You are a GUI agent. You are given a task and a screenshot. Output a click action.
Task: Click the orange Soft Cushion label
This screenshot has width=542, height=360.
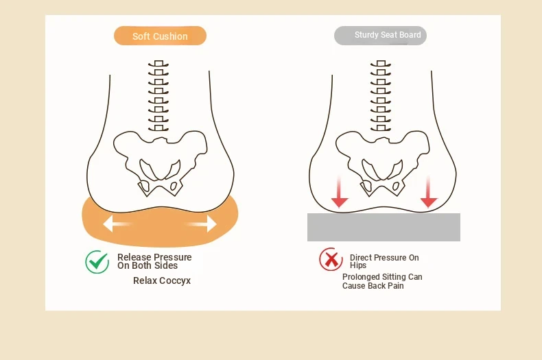[x=160, y=36]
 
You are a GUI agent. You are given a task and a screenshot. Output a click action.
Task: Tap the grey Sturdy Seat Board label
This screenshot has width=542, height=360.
[x=380, y=36]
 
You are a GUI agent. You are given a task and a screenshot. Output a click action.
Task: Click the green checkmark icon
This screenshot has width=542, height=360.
[x=97, y=261]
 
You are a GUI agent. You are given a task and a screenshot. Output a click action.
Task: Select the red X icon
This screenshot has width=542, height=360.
[x=331, y=259]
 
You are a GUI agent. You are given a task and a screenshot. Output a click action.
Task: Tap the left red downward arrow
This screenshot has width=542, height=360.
[x=340, y=191]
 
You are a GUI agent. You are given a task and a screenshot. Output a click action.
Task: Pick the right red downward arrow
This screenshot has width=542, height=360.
[x=429, y=191]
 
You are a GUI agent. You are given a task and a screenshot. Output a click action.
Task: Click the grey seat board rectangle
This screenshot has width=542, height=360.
[x=384, y=227]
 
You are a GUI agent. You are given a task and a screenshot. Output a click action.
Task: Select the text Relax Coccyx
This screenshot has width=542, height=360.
[x=162, y=280]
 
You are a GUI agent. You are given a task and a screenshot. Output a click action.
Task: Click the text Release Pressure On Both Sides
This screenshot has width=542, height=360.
[x=154, y=261]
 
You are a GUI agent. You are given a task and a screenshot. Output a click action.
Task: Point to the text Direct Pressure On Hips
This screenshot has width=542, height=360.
[x=384, y=261]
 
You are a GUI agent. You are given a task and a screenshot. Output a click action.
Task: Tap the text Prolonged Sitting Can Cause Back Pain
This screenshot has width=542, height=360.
[x=382, y=281]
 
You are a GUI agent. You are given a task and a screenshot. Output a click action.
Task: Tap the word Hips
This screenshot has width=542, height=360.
[x=358, y=265]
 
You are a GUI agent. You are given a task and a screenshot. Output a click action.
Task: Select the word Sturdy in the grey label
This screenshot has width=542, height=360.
[x=367, y=35]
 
